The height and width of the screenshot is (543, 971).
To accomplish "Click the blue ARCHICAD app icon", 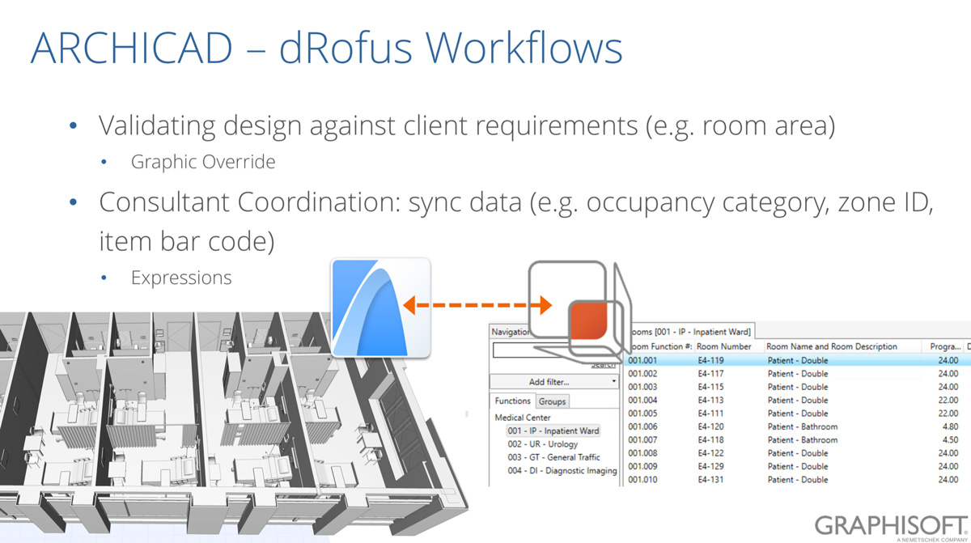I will point(379,308).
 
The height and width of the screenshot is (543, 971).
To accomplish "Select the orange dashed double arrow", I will point(478,305).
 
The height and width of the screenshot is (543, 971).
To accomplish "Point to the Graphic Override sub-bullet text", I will point(203,162).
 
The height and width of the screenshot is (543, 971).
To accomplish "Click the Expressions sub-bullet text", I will point(181,278).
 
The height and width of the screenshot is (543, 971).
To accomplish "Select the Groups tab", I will point(552,401).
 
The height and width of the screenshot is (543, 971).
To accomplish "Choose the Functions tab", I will point(513,401).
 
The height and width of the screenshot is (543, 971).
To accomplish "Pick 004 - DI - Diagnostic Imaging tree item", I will point(562,470).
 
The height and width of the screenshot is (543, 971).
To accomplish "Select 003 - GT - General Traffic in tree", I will point(553,457).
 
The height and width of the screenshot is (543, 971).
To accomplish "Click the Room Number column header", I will point(724,346).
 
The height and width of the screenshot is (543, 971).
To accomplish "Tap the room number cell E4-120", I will point(710,426).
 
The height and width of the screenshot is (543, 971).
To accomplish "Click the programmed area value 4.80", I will point(950,426).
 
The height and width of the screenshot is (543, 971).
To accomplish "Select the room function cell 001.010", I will point(642,480).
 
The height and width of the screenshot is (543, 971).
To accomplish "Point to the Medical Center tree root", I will point(523,418).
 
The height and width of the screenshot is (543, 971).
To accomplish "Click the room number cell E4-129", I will point(710,466).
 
